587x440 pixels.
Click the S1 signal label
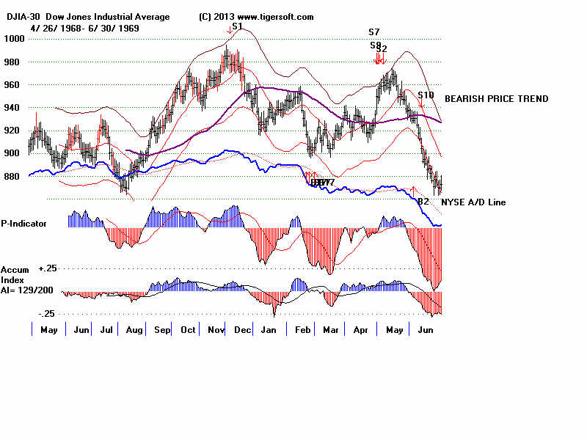[236, 26]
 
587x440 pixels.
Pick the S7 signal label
[374, 32]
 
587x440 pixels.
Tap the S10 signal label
[426, 95]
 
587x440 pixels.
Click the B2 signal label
[423, 201]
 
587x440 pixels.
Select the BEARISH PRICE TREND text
[496, 99]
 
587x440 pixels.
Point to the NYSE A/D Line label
[473, 202]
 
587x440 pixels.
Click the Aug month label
[134, 331]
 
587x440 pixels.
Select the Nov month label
[215, 331]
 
